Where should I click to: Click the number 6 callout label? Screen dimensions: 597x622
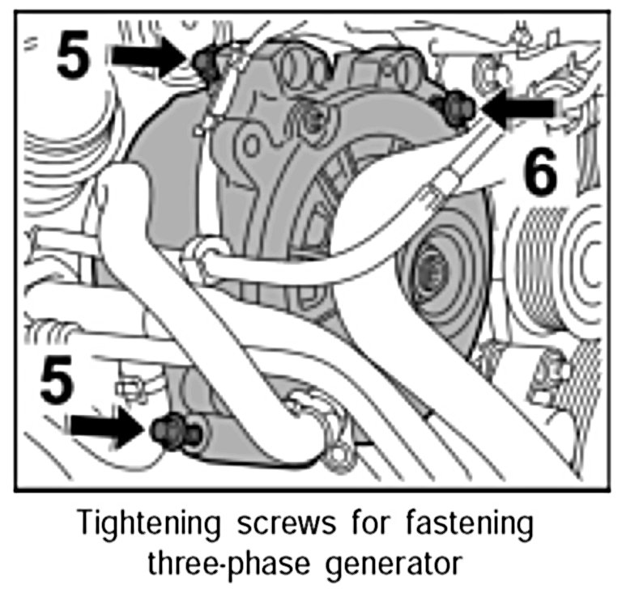click(x=540, y=175)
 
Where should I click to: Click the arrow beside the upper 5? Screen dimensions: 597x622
click(x=147, y=56)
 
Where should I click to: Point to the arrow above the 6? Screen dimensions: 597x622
click(x=518, y=111)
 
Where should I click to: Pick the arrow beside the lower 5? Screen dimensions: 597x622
click(x=108, y=427)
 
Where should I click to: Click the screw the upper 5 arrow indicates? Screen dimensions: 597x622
click(x=204, y=61)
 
